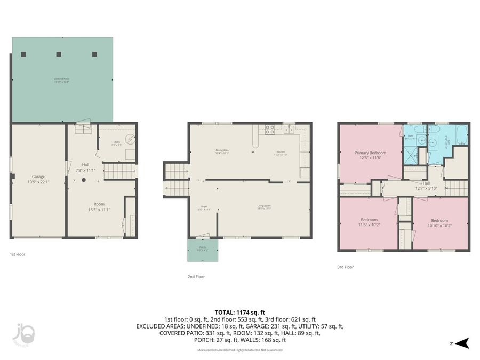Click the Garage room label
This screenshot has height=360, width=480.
[x=37, y=179]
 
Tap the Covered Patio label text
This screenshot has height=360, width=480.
[x=62, y=81]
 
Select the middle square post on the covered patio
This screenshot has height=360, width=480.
[x=59, y=54]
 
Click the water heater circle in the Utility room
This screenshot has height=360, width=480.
[x=130, y=140]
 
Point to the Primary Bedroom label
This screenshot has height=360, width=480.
[x=370, y=155]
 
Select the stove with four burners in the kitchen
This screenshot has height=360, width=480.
[x=270, y=129]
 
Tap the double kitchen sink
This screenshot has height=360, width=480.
[x=289, y=129]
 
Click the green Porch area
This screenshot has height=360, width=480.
[x=203, y=250]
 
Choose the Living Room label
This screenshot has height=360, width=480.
[x=263, y=207]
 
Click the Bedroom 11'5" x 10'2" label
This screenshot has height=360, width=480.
[x=369, y=222]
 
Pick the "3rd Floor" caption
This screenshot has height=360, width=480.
[x=345, y=267]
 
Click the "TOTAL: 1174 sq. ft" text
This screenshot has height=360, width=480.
[x=239, y=312]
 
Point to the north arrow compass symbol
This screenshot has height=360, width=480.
[x=463, y=342]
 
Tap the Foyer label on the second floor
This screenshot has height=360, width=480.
[x=204, y=207]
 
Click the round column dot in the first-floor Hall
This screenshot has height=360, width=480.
[x=83, y=180]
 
